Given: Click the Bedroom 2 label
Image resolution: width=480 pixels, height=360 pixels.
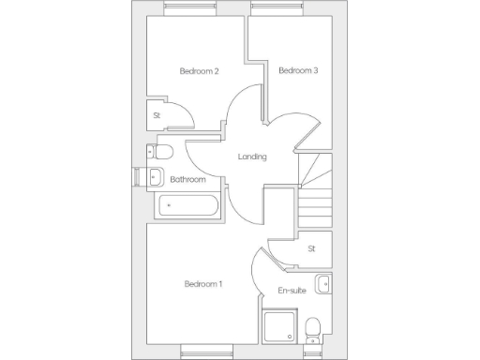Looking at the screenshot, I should coord(199,71).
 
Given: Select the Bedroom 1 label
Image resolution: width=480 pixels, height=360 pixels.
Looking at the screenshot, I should coord(202,284).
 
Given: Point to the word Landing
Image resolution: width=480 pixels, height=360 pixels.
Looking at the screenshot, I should coord(253,157).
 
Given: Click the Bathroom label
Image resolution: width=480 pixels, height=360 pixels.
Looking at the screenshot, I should coord(187,179).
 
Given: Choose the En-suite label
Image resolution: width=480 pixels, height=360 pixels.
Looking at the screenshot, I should coord(292,291).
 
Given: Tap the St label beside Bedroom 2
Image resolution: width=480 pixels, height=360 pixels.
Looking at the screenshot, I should coord(157,115).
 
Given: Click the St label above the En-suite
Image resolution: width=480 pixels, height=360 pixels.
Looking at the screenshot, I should coord(311,248).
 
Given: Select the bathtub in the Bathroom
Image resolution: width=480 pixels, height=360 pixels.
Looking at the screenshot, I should coord(187,205).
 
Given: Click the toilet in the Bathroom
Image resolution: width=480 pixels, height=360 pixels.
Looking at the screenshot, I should coord(161,152).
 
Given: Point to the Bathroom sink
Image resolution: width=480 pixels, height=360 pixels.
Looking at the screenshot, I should coord(157,177).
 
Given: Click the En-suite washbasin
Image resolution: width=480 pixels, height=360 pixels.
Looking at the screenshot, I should coord(323,283).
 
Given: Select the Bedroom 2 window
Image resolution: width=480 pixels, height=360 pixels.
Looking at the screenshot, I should coord(190,9).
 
